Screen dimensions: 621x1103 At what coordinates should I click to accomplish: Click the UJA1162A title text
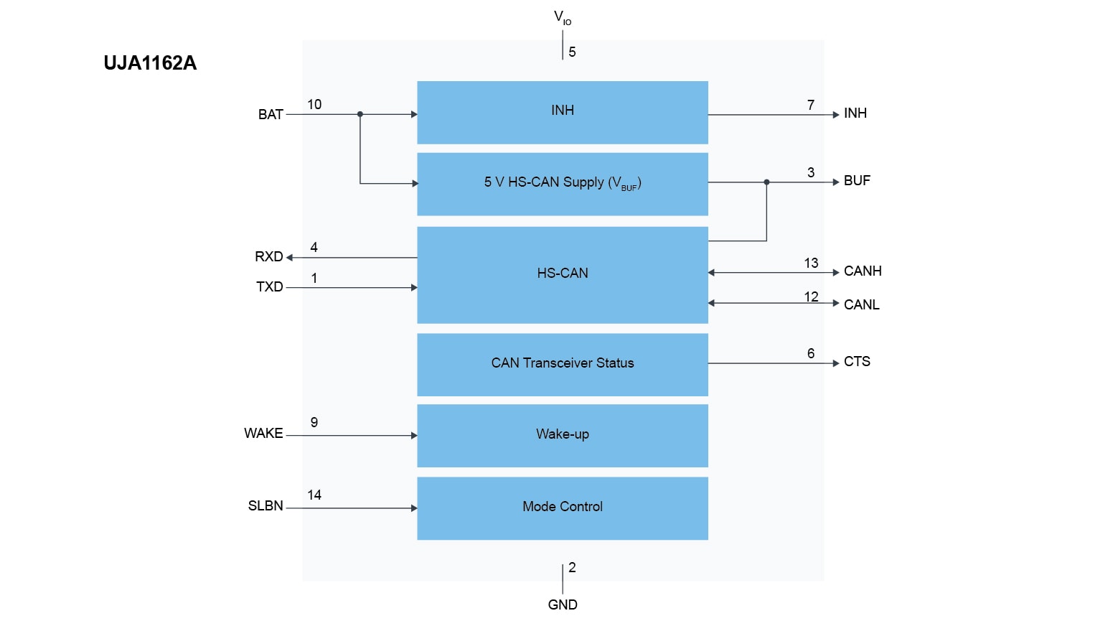point(150,63)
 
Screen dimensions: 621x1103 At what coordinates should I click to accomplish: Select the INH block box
point(562,112)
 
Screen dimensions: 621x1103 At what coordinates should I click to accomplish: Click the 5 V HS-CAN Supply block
point(562,184)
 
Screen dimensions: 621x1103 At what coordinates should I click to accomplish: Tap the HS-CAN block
point(562,274)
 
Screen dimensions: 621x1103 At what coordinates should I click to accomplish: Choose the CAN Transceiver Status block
point(562,364)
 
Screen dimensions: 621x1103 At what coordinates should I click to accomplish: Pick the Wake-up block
point(562,435)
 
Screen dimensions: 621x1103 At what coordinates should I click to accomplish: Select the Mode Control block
point(562,508)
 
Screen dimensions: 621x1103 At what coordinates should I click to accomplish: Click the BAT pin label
point(271,115)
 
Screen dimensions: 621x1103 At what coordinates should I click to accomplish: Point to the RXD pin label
point(268,257)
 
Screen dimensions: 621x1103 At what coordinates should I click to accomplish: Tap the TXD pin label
point(269,287)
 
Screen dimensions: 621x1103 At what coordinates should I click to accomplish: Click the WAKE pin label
point(263,434)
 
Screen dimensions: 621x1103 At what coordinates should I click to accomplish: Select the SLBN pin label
point(266,506)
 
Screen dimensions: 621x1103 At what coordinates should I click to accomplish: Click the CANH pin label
point(863,271)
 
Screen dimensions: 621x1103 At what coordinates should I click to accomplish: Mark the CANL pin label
point(861,305)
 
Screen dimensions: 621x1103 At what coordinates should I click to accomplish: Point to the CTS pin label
point(857,362)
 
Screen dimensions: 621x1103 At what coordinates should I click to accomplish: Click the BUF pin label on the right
point(857,181)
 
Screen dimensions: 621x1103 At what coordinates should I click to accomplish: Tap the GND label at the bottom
point(562,605)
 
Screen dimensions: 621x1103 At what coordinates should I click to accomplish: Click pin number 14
point(314,495)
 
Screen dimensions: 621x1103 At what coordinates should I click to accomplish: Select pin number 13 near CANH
point(811,263)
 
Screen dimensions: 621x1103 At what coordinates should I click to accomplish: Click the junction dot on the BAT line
point(360,114)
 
